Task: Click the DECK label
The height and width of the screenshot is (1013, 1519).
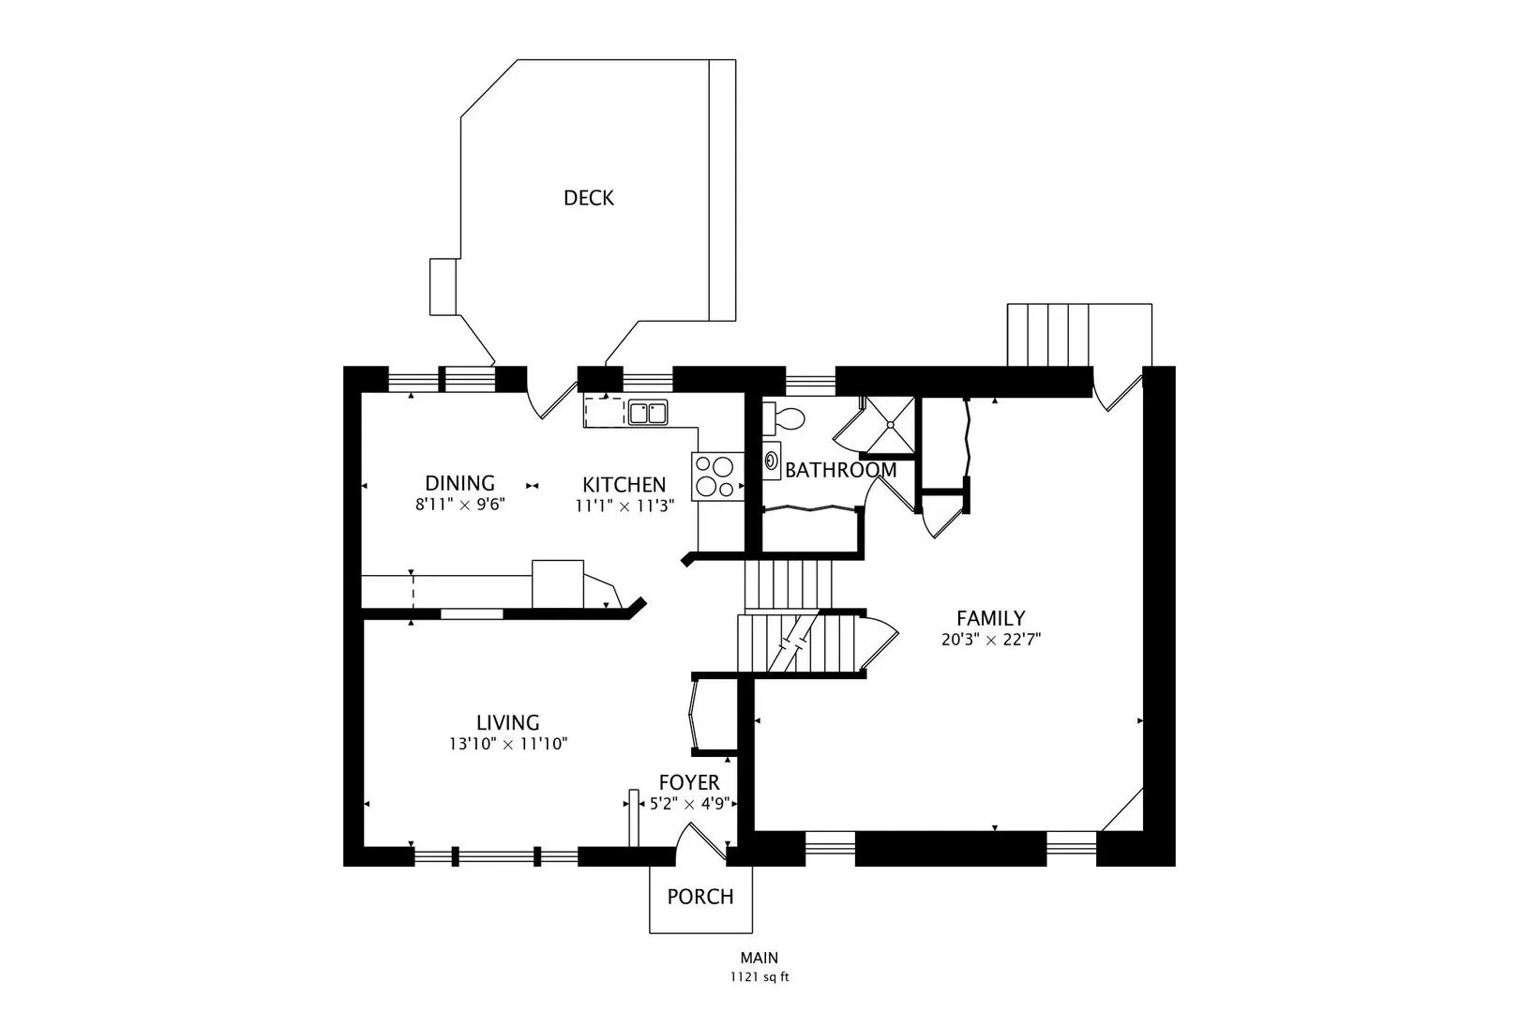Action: pyautogui.click(x=589, y=198)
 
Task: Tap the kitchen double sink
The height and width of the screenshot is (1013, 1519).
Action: pyautogui.click(x=647, y=412)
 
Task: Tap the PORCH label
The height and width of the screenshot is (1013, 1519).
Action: pyautogui.click(x=699, y=897)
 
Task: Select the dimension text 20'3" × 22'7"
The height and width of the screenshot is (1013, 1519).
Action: pyautogui.click(x=991, y=641)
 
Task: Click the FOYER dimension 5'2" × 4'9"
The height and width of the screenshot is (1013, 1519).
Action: pyautogui.click(x=689, y=804)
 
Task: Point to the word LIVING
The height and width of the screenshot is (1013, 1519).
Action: pyautogui.click(x=507, y=722)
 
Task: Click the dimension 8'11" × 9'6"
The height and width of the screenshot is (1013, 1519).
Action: pyautogui.click(x=460, y=505)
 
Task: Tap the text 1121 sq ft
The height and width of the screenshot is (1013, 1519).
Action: pyautogui.click(x=759, y=977)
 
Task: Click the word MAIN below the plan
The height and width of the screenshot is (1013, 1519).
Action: pyautogui.click(x=759, y=959)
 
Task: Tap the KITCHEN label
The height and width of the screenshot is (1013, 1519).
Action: pyautogui.click(x=624, y=485)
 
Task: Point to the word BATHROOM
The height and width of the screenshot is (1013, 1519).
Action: pyautogui.click(x=840, y=470)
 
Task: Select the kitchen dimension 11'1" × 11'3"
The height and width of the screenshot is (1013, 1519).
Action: pyautogui.click(x=624, y=506)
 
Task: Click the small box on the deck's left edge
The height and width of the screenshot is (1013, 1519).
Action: pyautogui.click(x=443, y=286)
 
